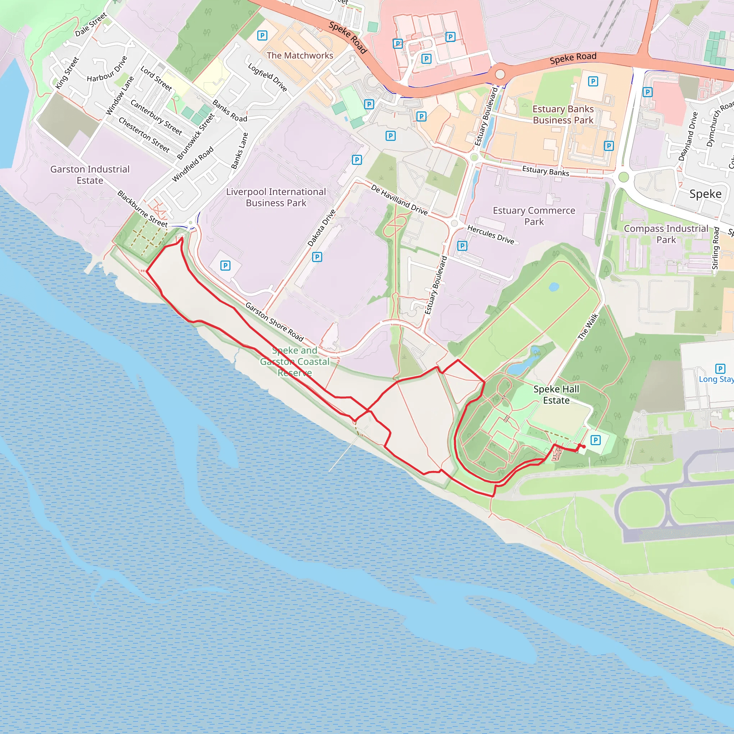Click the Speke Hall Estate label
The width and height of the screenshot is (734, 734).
(x=556, y=395)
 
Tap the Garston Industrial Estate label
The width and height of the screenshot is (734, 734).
(x=90, y=175)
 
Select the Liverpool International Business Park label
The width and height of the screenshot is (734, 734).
(x=276, y=197)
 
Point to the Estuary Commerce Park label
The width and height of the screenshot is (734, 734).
(x=534, y=216)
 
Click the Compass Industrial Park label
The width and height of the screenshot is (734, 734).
(x=666, y=234)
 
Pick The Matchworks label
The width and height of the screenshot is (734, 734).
(x=300, y=56)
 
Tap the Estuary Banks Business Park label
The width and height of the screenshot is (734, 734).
(x=563, y=114)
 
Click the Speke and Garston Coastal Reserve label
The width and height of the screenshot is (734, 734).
(x=295, y=361)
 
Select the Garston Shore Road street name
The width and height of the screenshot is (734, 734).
(x=274, y=322)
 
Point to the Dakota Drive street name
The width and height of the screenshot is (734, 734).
(x=321, y=228)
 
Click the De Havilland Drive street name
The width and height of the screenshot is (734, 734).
(x=399, y=200)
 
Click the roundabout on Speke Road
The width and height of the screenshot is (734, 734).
(x=500, y=74)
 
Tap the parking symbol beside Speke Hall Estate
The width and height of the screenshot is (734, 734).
(x=595, y=440)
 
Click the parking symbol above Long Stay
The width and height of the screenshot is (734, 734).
(x=720, y=368)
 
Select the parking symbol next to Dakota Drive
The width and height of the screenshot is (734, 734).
(x=317, y=257)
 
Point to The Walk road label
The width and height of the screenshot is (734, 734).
(x=588, y=327)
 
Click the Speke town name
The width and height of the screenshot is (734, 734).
(x=705, y=194)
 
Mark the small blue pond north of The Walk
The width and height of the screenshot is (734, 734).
(x=554, y=286)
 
